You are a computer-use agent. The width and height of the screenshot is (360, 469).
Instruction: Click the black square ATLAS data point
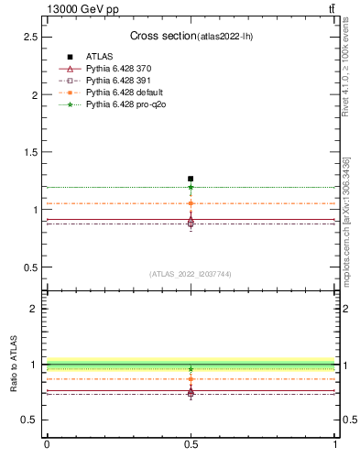pyautogui.click(x=191, y=179)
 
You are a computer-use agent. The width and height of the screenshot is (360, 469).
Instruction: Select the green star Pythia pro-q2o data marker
pyautogui.click(x=191, y=187)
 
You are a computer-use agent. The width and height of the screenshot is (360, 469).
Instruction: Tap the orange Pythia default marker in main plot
pyautogui.click(x=191, y=203)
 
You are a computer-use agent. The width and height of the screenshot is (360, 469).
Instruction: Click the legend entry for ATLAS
pyautogui.click(x=99, y=57)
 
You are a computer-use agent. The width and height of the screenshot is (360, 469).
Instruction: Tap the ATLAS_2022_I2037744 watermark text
pyautogui.click(x=191, y=274)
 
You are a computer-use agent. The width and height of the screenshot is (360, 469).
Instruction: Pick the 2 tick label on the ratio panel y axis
pyautogui.click(x=35, y=309)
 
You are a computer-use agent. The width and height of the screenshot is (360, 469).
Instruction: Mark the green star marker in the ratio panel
pyautogui.click(x=191, y=369)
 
